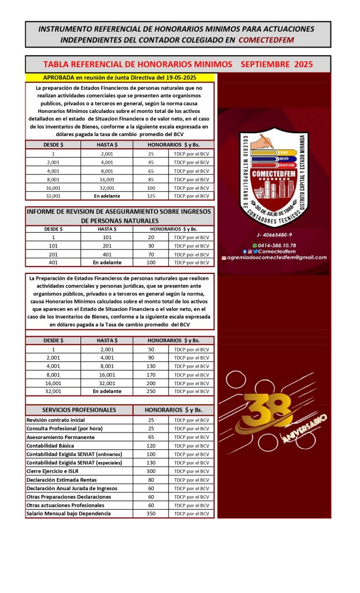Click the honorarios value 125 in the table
pos(150,196)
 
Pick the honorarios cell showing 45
pos(150,162)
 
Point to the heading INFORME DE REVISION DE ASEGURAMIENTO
pos(119,212)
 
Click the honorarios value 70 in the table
pos(150,254)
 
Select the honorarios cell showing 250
pos(150,391)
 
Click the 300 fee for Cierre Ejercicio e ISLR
pos(150,471)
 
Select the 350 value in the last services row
pos(150,514)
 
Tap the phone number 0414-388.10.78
pos(277,245)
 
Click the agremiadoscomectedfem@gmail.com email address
pos(277,258)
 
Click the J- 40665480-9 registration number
pos(274,235)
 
